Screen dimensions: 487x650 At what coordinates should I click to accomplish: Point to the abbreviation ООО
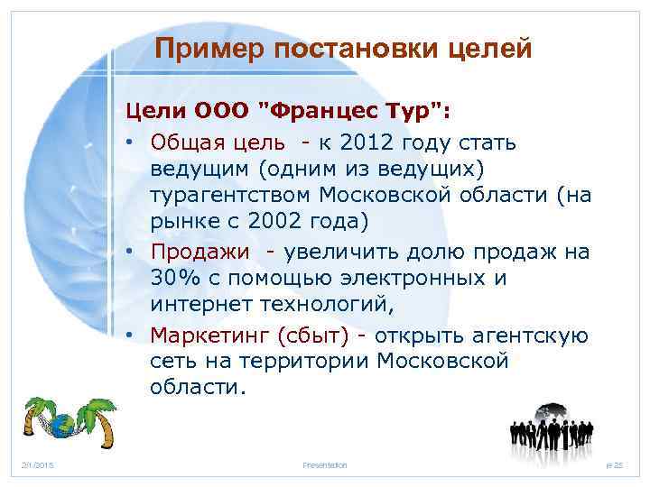pos(223,111)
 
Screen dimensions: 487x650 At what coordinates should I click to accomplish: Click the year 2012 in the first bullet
pos(372,142)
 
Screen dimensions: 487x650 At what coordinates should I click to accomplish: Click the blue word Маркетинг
pos(204,335)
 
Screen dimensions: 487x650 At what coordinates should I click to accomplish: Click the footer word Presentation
pos(325,464)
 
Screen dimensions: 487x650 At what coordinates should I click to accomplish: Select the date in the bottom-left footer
pos(39,464)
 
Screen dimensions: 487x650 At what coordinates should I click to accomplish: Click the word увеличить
pos(328,252)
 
